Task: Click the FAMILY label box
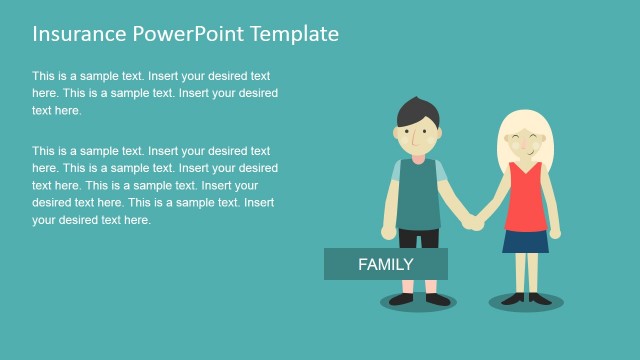click(385, 264)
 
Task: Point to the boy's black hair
click(415, 111)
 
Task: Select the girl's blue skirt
click(525, 240)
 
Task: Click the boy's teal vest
click(418, 194)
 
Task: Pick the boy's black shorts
click(418, 238)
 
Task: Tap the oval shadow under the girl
click(526, 302)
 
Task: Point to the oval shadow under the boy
click(418, 302)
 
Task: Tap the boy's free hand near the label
click(388, 232)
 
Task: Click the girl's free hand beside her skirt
click(555, 232)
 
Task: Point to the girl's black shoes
click(526, 297)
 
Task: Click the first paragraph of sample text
click(154, 93)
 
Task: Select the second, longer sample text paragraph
click(154, 185)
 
